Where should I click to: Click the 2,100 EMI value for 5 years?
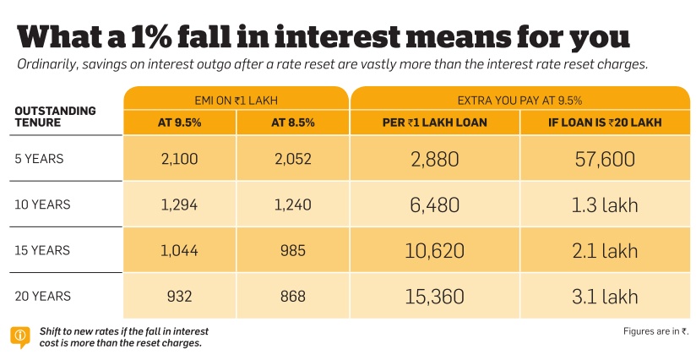[180, 158]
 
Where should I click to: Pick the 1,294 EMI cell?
[180, 204]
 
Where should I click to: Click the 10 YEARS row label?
[43, 204]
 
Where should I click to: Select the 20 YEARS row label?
[43, 296]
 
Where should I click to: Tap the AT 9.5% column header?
[180, 123]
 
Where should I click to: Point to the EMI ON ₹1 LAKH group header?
[236, 99]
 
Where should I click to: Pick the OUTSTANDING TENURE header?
[56, 117]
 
